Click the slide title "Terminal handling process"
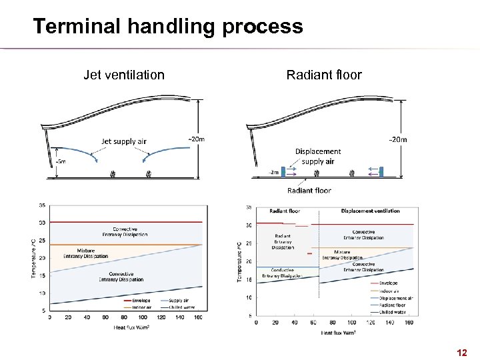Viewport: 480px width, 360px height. tap(167, 27)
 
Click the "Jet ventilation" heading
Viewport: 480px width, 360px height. tap(123, 75)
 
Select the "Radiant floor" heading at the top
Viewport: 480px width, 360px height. tap(324, 75)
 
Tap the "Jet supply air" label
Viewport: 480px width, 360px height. tap(123, 141)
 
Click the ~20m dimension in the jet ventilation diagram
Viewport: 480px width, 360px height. tap(196, 139)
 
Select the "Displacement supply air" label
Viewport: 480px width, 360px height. tap(318, 156)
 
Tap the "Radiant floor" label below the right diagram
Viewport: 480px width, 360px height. tap(309, 191)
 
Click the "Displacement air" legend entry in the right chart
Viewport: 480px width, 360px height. tap(396, 298)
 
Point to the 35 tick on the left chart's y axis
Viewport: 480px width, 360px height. tap(42, 205)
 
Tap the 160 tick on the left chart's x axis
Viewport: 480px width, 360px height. tap(199, 317)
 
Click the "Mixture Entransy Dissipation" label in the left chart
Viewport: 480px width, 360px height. tap(85, 253)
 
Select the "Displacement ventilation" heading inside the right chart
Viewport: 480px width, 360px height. tap(370, 211)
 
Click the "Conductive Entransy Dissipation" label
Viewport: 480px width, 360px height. tap(281, 272)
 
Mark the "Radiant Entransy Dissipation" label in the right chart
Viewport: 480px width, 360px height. tap(283, 241)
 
